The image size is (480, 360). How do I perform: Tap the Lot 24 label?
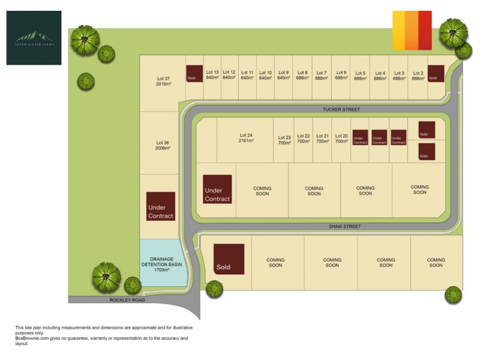tap(246, 137)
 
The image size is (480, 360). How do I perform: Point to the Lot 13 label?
tap(212, 75)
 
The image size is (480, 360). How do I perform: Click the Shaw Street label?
tap(345, 227)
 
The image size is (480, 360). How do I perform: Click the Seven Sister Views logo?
tap(34, 38)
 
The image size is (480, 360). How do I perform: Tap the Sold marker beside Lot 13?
tap(194, 74)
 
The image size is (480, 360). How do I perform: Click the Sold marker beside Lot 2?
tap(436, 74)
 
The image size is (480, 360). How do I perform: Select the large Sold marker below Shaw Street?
tap(229, 259)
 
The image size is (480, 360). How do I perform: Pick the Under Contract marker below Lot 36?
tap(161, 206)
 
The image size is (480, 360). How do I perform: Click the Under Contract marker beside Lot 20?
tap(360, 137)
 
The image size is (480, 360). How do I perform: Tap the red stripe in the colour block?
tap(425, 30)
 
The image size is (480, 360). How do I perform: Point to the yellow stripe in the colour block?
tap(398, 30)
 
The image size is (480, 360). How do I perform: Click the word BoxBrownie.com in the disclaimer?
tap(36, 338)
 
